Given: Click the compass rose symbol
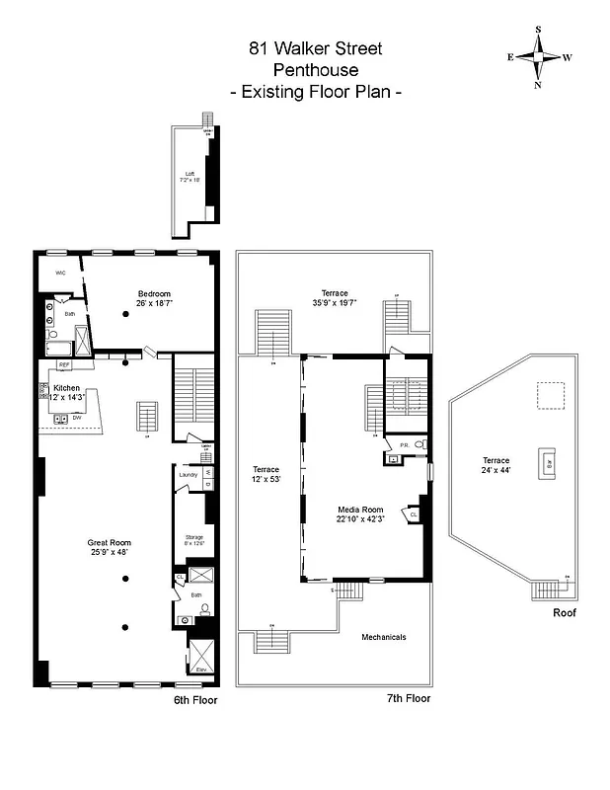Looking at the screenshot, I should tap(540, 56).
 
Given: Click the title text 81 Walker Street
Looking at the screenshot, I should tap(315, 47).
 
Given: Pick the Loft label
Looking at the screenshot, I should tap(190, 176).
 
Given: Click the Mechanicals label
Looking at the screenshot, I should tap(383, 637).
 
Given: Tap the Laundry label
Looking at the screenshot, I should tap(188, 474).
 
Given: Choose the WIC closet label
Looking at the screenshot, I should tap(59, 272).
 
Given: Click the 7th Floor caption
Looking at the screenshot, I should tap(408, 698).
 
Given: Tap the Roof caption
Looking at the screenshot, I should tap(565, 612).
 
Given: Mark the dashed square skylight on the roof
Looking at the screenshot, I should tap(551, 395).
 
